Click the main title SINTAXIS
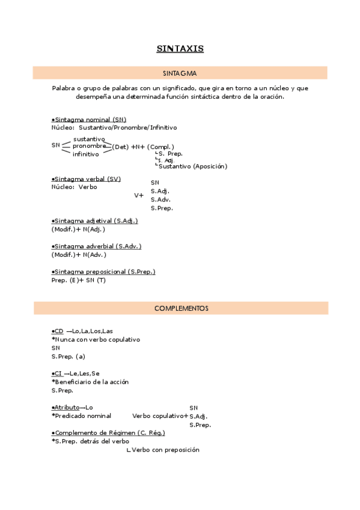[180, 48]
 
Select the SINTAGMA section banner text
[180, 73]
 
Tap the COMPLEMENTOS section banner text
[181, 309]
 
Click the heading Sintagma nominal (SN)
[90, 120]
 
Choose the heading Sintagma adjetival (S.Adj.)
[95, 221]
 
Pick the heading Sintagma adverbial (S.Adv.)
[97, 246]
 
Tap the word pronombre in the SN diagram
[89, 146]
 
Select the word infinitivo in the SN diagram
[86, 155]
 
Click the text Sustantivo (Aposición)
[193, 167]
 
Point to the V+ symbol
[139, 195]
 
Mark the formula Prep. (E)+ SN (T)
[79, 280]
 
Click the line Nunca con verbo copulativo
[97, 339]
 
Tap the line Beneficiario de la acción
[92, 382]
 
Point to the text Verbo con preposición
[165, 450]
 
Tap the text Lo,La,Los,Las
[92, 331]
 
